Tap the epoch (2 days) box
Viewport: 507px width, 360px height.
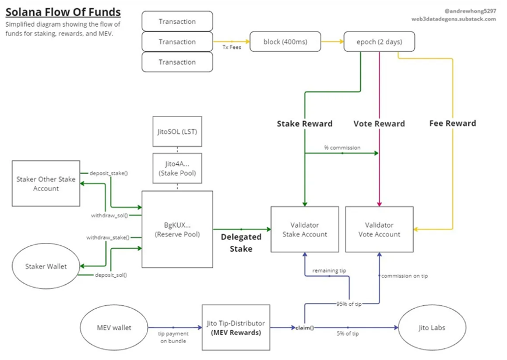[x=379, y=42]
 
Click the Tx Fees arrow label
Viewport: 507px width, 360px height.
[x=231, y=47]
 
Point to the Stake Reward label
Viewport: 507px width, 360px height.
[x=304, y=123]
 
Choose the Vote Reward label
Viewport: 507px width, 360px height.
[x=379, y=123]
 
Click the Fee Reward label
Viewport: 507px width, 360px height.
[x=452, y=123]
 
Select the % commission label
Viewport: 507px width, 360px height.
[x=343, y=147]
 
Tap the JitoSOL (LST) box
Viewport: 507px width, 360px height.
[x=177, y=131]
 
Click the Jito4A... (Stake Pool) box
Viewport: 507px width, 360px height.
[x=177, y=168]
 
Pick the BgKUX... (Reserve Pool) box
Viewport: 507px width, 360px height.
[x=177, y=230]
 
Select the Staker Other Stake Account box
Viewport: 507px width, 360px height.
[x=46, y=183]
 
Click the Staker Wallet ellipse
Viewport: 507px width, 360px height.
[x=46, y=266]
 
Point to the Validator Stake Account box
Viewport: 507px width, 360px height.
[x=305, y=230]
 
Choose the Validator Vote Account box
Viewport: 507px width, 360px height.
[x=379, y=230]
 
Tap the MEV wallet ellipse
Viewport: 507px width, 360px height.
[x=114, y=327]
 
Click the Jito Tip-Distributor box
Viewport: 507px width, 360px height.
[x=236, y=327]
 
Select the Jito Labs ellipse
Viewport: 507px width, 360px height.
[x=431, y=327]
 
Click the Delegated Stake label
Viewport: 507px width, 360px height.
[x=241, y=243]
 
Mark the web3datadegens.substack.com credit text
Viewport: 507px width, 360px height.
[x=453, y=19]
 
